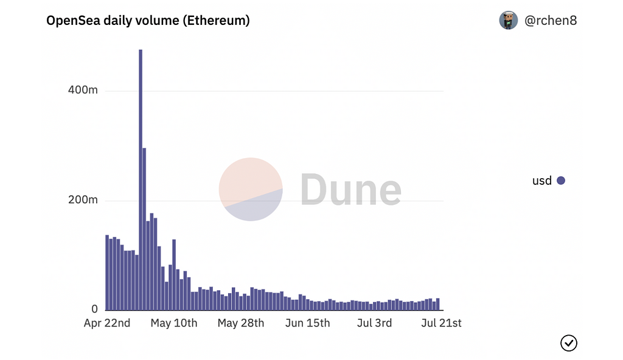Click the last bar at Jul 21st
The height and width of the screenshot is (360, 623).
(437, 305)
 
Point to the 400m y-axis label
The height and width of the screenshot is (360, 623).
(83, 91)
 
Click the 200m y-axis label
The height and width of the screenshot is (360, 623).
(83, 200)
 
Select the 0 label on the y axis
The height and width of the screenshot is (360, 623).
(94, 310)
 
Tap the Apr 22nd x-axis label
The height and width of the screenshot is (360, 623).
(107, 323)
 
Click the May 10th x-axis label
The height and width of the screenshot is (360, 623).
(174, 323)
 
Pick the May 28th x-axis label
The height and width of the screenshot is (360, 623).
(241, 323)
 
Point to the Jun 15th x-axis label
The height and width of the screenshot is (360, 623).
(307, 323)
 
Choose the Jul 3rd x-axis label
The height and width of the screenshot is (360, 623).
(374, 323)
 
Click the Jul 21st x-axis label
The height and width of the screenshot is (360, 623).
(441, 323)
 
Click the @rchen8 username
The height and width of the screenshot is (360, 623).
(551, 21)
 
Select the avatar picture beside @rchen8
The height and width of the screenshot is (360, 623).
(509, 20)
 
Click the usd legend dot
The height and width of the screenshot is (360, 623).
(561, 181)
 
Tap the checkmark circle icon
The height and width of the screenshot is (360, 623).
(569, 343)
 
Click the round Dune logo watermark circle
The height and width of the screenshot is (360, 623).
(251, 189)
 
